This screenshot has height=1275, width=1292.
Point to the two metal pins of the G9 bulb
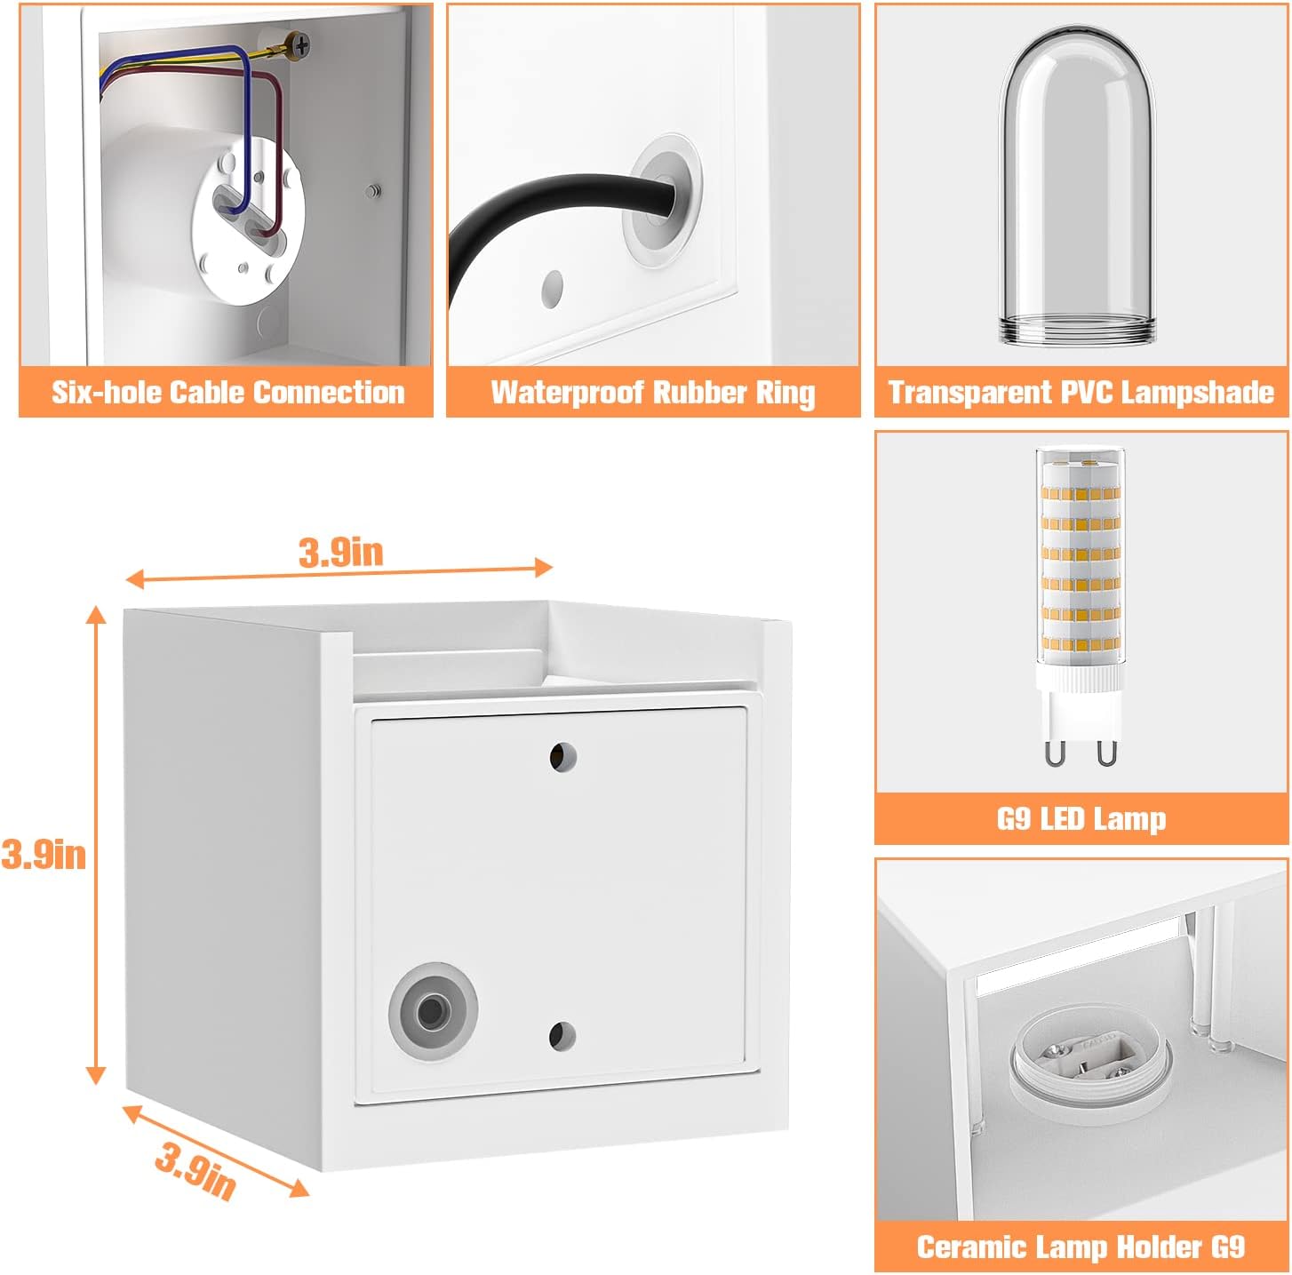click(x=1081, y=752)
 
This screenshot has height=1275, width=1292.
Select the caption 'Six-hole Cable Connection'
click(x=228, y=393)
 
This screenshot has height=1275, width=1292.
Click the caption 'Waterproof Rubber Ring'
click(x=653, y=393)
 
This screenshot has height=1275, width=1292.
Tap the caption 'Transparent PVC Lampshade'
click(x=1081, y=393)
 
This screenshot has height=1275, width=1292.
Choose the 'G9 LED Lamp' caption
click(x=1081, y=819)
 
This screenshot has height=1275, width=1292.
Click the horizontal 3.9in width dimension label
click(x=340, y=554)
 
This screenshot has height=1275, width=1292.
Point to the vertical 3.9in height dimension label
click(x=44, y=855)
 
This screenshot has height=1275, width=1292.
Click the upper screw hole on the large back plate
click(x=562, y=757)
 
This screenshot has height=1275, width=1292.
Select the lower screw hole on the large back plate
click(x=562, y=1036)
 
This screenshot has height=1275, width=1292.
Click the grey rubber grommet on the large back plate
click(x=433, y=1012)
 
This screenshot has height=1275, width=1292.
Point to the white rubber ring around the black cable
click(x=662, y=201)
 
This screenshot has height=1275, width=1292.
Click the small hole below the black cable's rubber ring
click(x=552, y=289)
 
